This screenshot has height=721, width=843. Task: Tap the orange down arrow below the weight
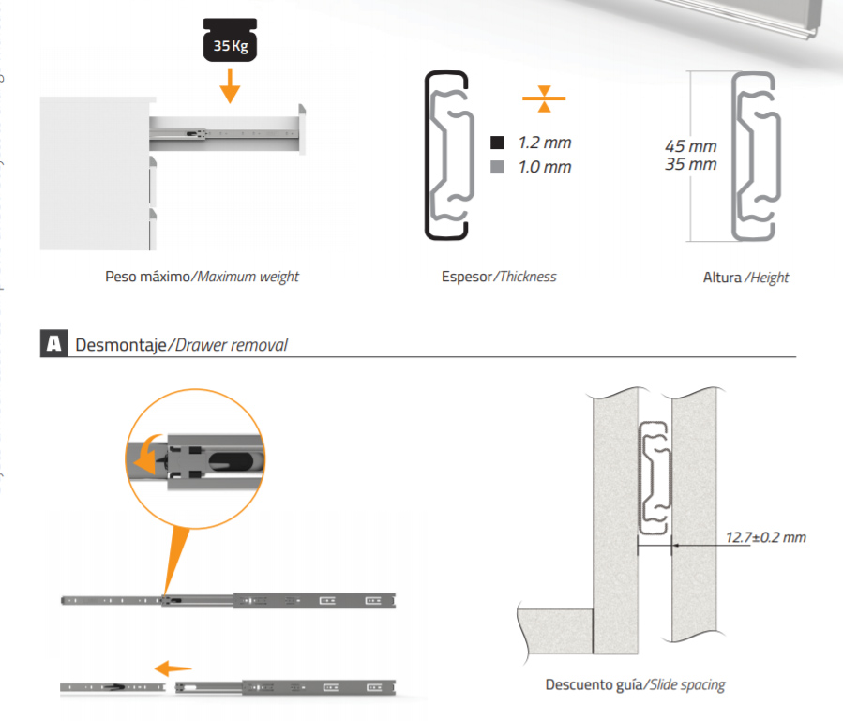click(230, 91)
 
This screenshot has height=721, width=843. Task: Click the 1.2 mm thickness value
click(544, 143)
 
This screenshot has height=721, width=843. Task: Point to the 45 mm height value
click(690, 146)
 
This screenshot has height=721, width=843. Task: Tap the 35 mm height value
click(690, 165)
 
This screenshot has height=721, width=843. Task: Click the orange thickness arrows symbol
click(545, 97)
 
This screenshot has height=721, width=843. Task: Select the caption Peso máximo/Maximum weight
click(202, 277)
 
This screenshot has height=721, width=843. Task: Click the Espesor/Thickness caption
click(499, 277)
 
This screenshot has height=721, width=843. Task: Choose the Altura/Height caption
click(745, 278)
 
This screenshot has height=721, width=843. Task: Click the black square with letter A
click(53, 344)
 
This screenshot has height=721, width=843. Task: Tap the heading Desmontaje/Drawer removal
click(181, 345)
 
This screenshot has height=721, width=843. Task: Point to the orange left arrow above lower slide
click(172, 668)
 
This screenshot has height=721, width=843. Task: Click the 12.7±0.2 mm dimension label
click(766, 537)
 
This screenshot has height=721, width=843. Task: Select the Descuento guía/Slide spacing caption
click(635, 685)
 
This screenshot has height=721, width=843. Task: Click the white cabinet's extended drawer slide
click(225, 131)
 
